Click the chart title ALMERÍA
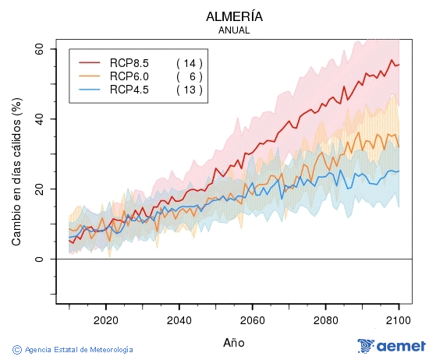pyautogui.click(x=234, y=16)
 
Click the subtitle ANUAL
pyautogui.click(x=234, y=30)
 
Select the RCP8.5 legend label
pyautogui.click(x=129, y=62)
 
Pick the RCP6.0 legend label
pyautogui.click(x=129, y=76)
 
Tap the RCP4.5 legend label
pyautogui.click(x=129, y=90)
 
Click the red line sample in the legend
pyautogui.click(x=90, y=62)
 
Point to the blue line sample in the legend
pyautogui.click(x=90, y=90)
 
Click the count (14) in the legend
pyautogui.click(x=189, y=62)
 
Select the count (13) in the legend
pyautogui.click(x=189, y=90)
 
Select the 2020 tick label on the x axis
pyautogui.click(x=105, y=319)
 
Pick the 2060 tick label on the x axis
pyautogui.click(x=253, y=319)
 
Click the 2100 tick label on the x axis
pyautogui.click(x=399, y=319)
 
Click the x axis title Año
pyautogui.click(x=234, y=341)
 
